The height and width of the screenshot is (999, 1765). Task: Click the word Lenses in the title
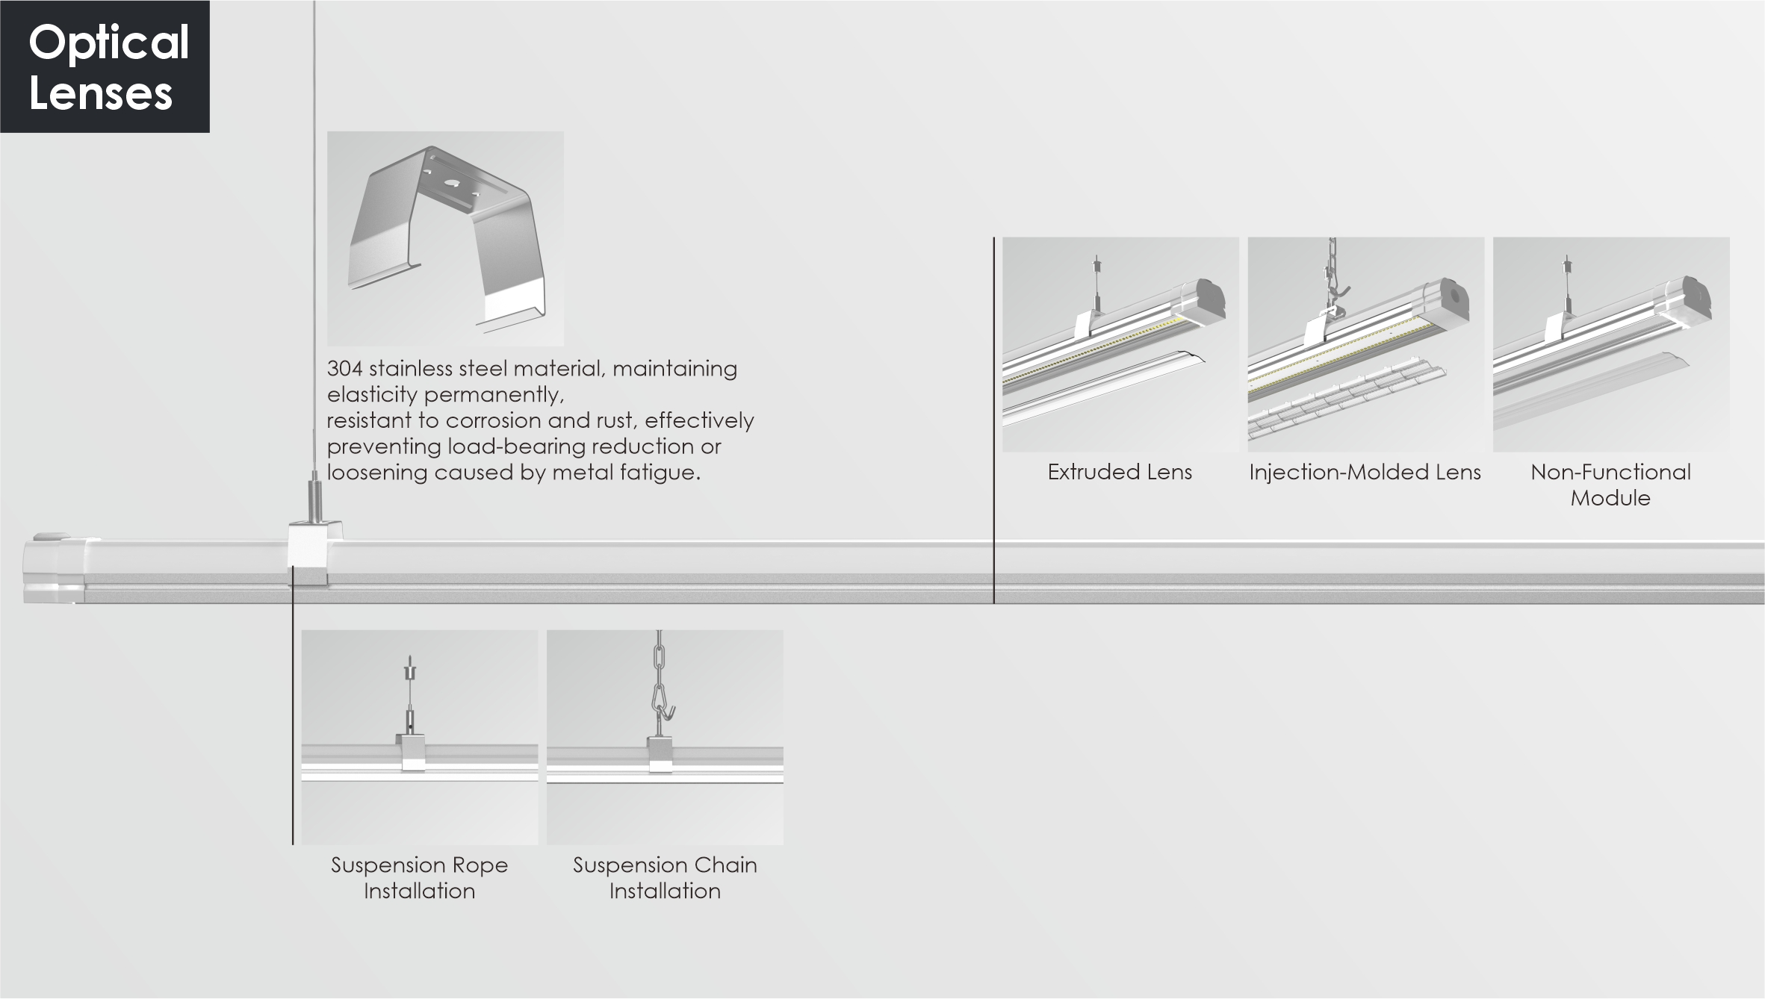[101, 94]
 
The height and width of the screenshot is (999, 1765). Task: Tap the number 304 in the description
[344, 368]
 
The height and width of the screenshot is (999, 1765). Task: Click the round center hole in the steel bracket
[452, 182]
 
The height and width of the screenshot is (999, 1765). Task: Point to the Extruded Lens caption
[1120, 472]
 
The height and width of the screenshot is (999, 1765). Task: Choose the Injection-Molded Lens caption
[1365, 472]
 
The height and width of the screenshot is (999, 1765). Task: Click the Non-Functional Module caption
[1610, 485]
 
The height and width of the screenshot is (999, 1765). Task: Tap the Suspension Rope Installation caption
[419, 878]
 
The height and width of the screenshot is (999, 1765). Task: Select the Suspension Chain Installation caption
[665, 878]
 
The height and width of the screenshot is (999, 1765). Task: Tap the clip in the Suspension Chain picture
[660, 754]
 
